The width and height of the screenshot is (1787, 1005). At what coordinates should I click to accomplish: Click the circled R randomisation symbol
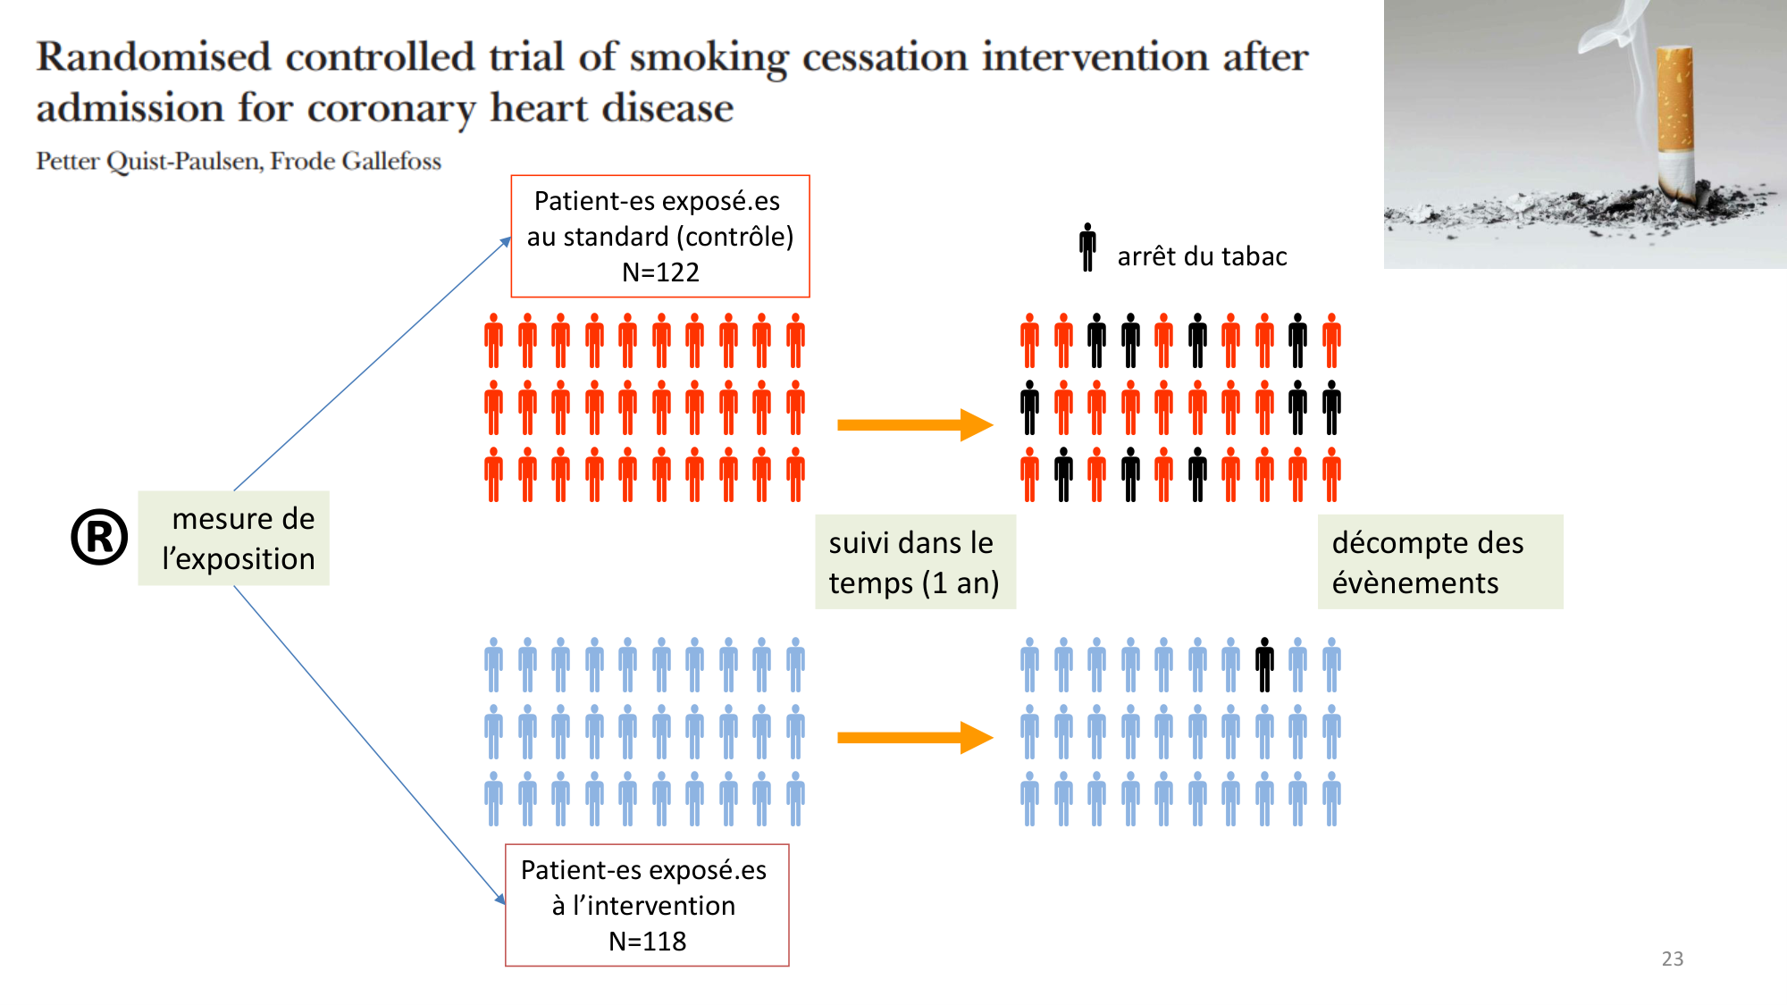click(99, 537)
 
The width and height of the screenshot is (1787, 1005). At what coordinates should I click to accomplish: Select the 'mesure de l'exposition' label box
click(234, 538)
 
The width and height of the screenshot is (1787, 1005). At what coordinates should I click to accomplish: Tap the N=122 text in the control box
click(660, 272)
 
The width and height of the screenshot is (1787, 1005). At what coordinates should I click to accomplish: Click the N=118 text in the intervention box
click(647, 941)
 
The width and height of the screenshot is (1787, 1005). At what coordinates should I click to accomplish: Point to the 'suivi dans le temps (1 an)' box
click(915, 562)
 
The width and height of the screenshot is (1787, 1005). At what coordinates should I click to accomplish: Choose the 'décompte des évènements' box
click(1439, 562)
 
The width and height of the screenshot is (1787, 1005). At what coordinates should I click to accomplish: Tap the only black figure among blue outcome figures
click(1264, 665)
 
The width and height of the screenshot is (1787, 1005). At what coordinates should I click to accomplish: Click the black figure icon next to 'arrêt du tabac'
click(1087, 247)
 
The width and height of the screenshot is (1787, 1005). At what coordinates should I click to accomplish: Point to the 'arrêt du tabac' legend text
click(1202, 257)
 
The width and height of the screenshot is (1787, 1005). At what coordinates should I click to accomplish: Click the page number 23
click(1672, 959)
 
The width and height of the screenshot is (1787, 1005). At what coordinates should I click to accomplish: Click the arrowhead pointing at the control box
click(506, 242)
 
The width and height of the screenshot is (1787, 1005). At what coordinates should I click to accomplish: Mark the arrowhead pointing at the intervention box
click(500, 899)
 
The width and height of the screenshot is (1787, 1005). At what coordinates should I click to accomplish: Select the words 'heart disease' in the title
click(611, 109)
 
